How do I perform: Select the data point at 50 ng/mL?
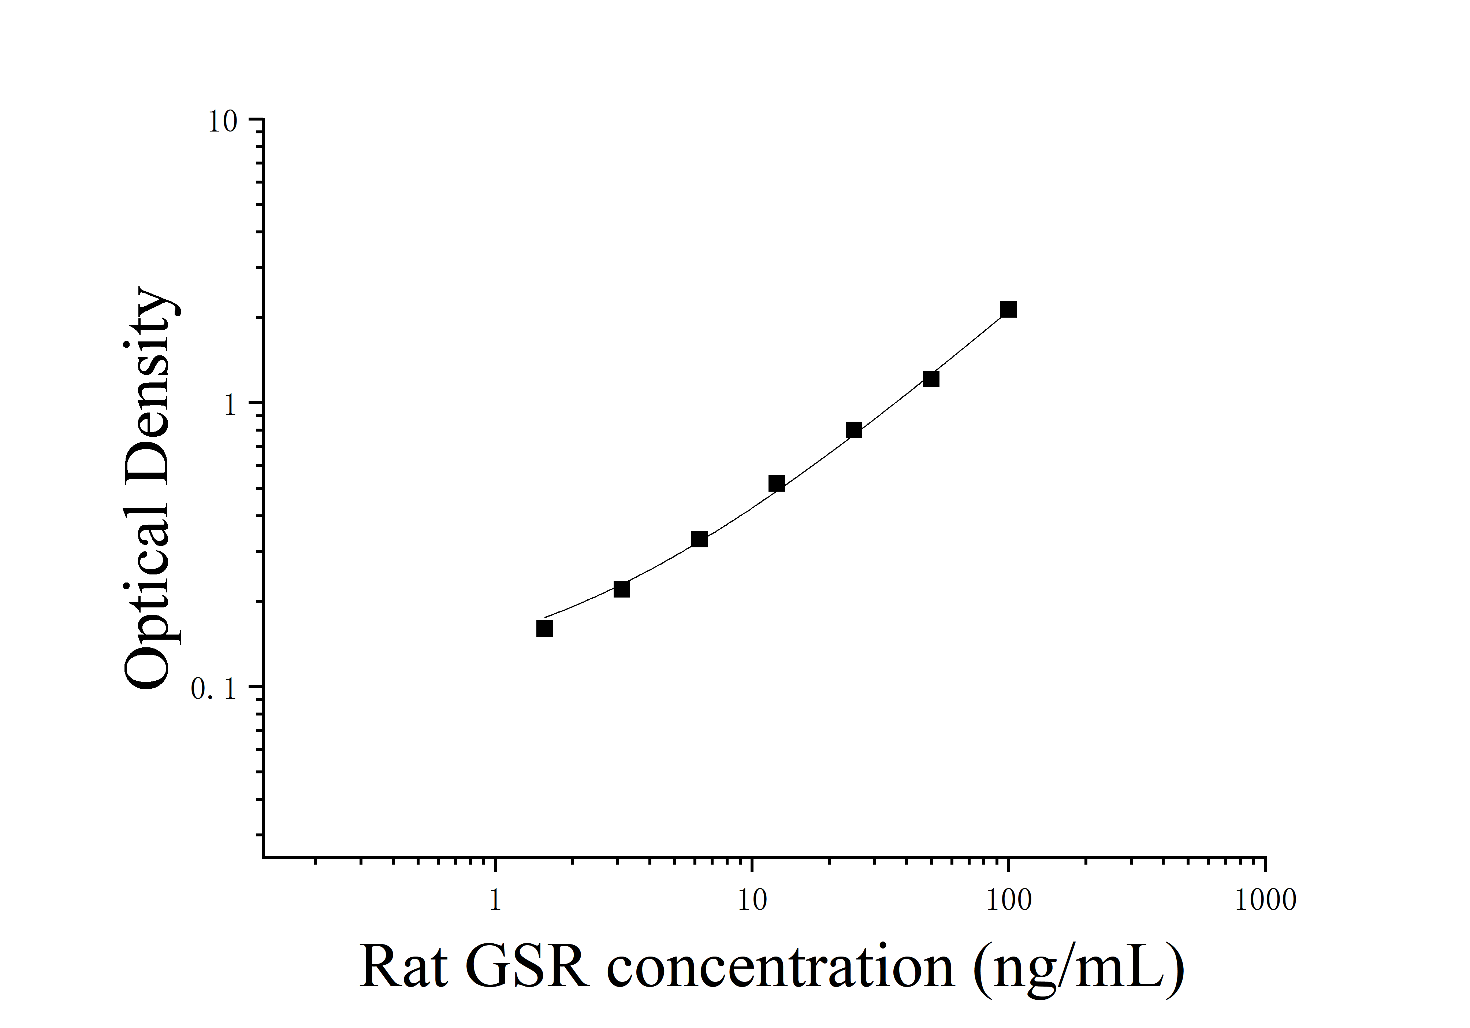(x=931, y=379)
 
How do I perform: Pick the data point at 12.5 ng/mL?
(x=777, y=484)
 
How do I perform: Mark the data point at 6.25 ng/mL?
(x=699, y=539)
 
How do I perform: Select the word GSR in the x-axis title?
(x=526, y=968)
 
